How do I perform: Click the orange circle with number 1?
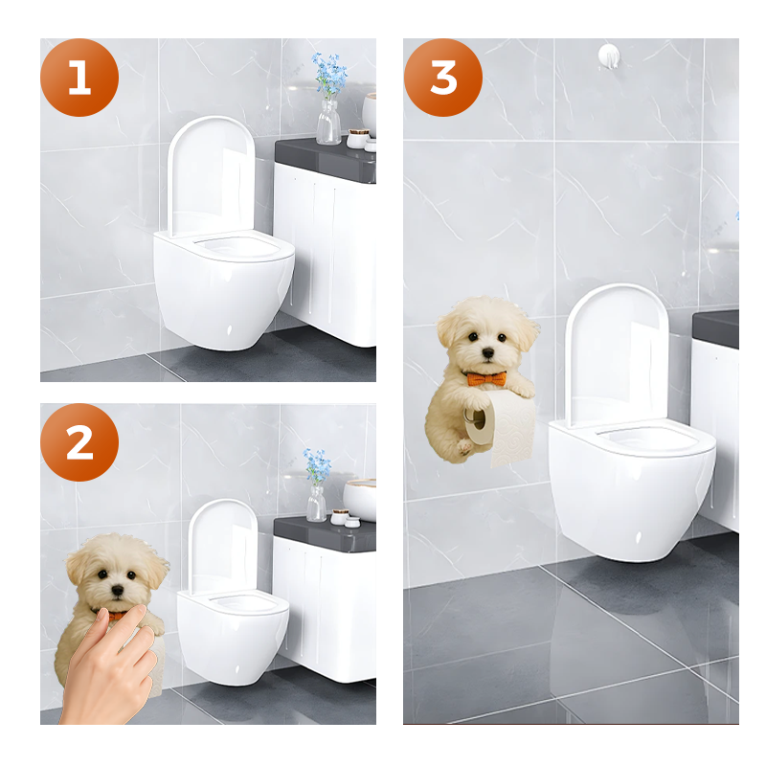[79, 78]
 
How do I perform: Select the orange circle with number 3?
[443, 78]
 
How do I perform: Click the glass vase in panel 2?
[316, 503]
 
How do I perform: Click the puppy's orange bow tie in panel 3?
[487, 379]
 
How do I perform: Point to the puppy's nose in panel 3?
[487, 354]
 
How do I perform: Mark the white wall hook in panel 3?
[607, 54]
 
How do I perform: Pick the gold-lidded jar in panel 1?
[357, 138]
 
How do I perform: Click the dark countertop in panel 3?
[716, 328]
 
